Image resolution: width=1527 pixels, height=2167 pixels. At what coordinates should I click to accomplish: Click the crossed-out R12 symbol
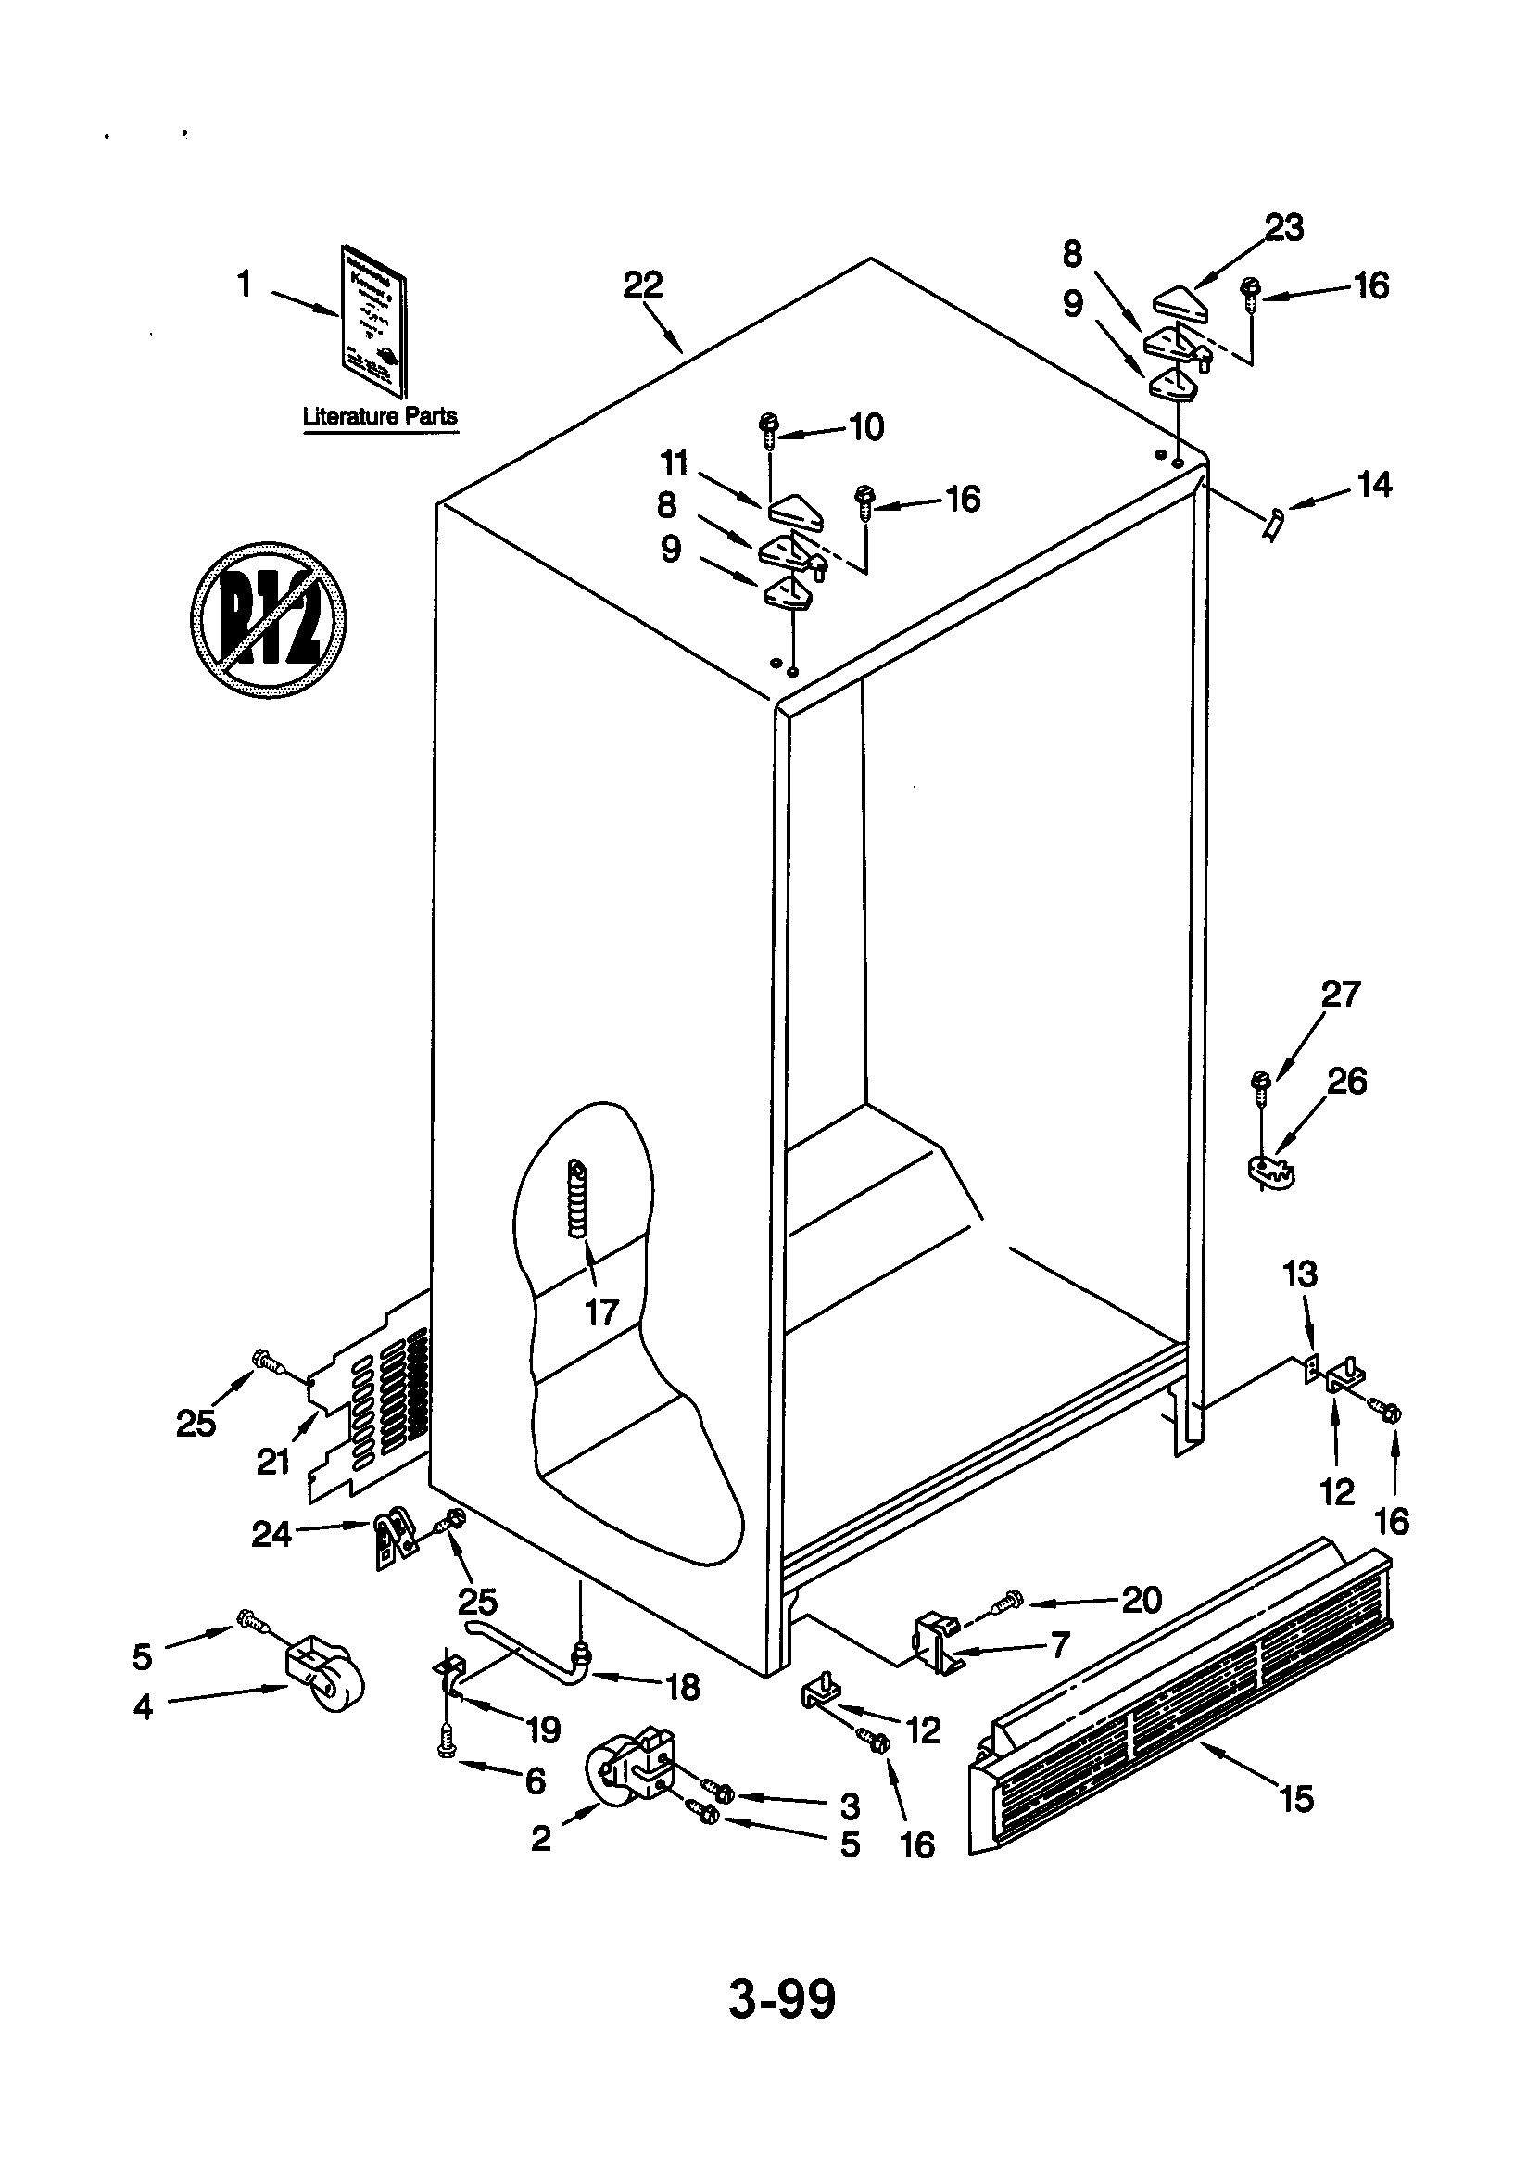[268, 620]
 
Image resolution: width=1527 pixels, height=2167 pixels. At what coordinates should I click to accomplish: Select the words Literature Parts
[379, 416]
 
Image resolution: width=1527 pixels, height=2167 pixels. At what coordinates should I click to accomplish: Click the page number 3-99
[781, 1998]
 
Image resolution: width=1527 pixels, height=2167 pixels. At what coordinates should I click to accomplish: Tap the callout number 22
[643, 285]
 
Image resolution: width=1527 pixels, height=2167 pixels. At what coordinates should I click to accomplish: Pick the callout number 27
[1340, 995]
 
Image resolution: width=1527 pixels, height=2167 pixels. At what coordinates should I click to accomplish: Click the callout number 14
[1374, 484]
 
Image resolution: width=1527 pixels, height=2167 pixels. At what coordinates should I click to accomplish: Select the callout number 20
[1141, 1599]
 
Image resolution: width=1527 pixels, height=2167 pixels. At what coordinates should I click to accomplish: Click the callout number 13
[1300, 1274]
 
